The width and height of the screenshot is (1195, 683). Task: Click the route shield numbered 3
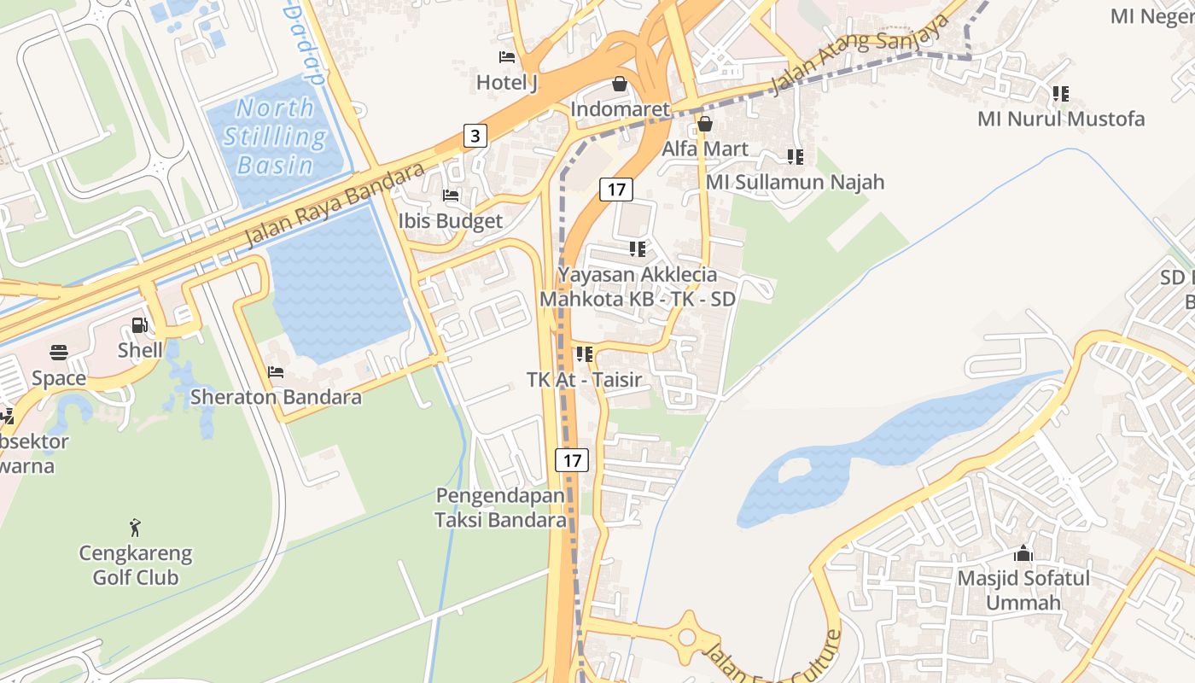[x=475, y=135]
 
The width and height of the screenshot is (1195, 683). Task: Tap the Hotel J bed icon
[x=507, y=57]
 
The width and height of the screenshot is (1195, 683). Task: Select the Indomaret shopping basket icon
[x=620, y=84]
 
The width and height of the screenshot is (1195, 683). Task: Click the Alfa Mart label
[x=705, y=149]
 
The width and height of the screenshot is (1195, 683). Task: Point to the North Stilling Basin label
[x=275, y=136]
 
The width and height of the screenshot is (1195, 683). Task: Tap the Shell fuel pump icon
[x=139, y=325]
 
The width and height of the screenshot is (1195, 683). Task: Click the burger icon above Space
[x=59, y=353]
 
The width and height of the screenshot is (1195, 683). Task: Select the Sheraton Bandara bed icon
[x=276, y=372]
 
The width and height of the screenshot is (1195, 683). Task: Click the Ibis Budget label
[x=451, y=221]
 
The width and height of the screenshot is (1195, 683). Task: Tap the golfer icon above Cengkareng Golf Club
[x=135, y=527]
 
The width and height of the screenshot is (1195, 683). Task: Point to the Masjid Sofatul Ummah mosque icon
[x=1023, y=553]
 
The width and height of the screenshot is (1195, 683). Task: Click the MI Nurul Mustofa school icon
[x=1060, y=93]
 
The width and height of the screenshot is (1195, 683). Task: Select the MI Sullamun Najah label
[x=795, y=182]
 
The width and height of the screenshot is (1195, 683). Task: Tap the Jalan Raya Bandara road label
[x=335, y=206]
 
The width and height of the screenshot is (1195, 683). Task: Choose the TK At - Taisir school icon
[x=584, y=353]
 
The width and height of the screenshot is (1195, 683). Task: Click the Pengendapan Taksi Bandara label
[x=500, y=507]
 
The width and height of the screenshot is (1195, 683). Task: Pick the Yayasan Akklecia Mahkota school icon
[x=637, y=248]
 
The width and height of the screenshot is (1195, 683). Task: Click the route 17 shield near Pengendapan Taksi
[x=572, y=460]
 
